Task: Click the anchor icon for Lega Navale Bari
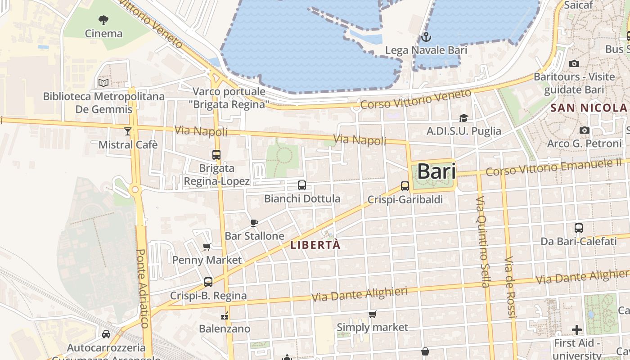pos(426,36)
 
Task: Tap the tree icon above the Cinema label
pos(103,20)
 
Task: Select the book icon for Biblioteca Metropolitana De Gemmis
pos(103,83)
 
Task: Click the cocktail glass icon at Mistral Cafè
pos(128,131)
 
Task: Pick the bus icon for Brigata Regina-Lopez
pos(216,155)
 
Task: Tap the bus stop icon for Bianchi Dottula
pos(302,185)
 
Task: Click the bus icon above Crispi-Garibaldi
pos(405,186)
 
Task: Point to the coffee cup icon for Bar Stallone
pos(254,223)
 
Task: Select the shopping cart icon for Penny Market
pos(207,247)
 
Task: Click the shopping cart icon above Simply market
pos(373,314)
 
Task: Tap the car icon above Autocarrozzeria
pos(106,334)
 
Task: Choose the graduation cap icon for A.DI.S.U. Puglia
pos(463,118)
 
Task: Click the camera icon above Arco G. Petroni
pos(585,130)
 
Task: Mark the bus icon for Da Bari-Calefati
pos(579,228)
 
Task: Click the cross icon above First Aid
pos(577,330)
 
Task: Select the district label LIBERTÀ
pos(315,246)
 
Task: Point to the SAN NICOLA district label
pos(589,108)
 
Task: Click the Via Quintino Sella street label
pos(482,242)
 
